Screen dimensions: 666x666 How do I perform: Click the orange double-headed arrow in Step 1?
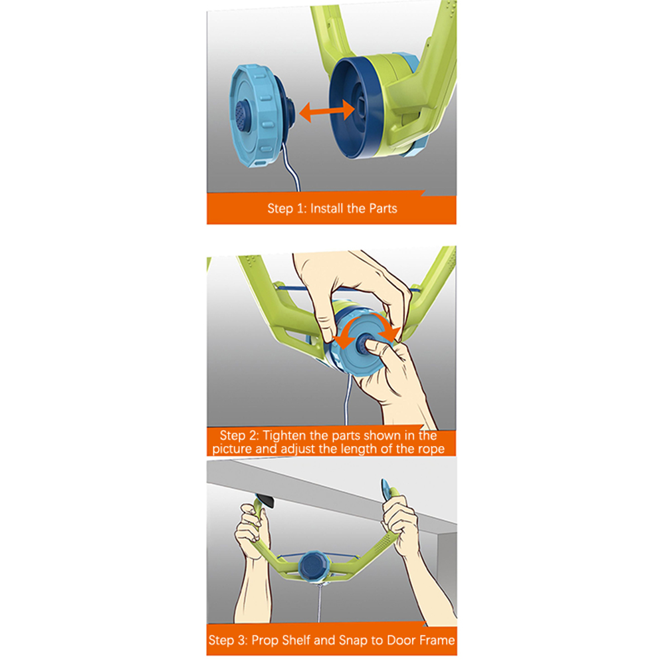click(326, 112)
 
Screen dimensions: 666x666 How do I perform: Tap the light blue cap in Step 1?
click(260, 116)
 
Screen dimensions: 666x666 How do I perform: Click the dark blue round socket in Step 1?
click(356, 108)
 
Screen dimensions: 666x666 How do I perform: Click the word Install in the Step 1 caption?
click(326, 208)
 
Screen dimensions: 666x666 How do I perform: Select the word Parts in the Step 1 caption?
click(383, 209)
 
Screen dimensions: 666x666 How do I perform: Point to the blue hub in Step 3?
click(313, 564)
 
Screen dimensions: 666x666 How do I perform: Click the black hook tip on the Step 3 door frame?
click(265, 500)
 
